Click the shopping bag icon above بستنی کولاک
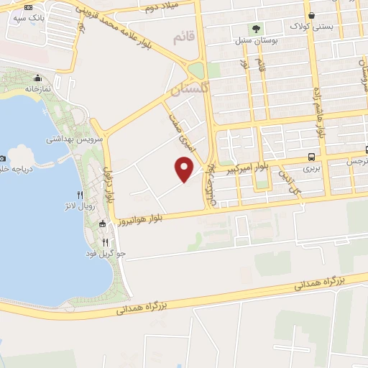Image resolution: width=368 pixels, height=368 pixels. click(311, 15)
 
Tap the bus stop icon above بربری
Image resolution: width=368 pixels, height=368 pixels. click(310, 157)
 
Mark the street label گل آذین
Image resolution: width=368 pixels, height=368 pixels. click(287, 180)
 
